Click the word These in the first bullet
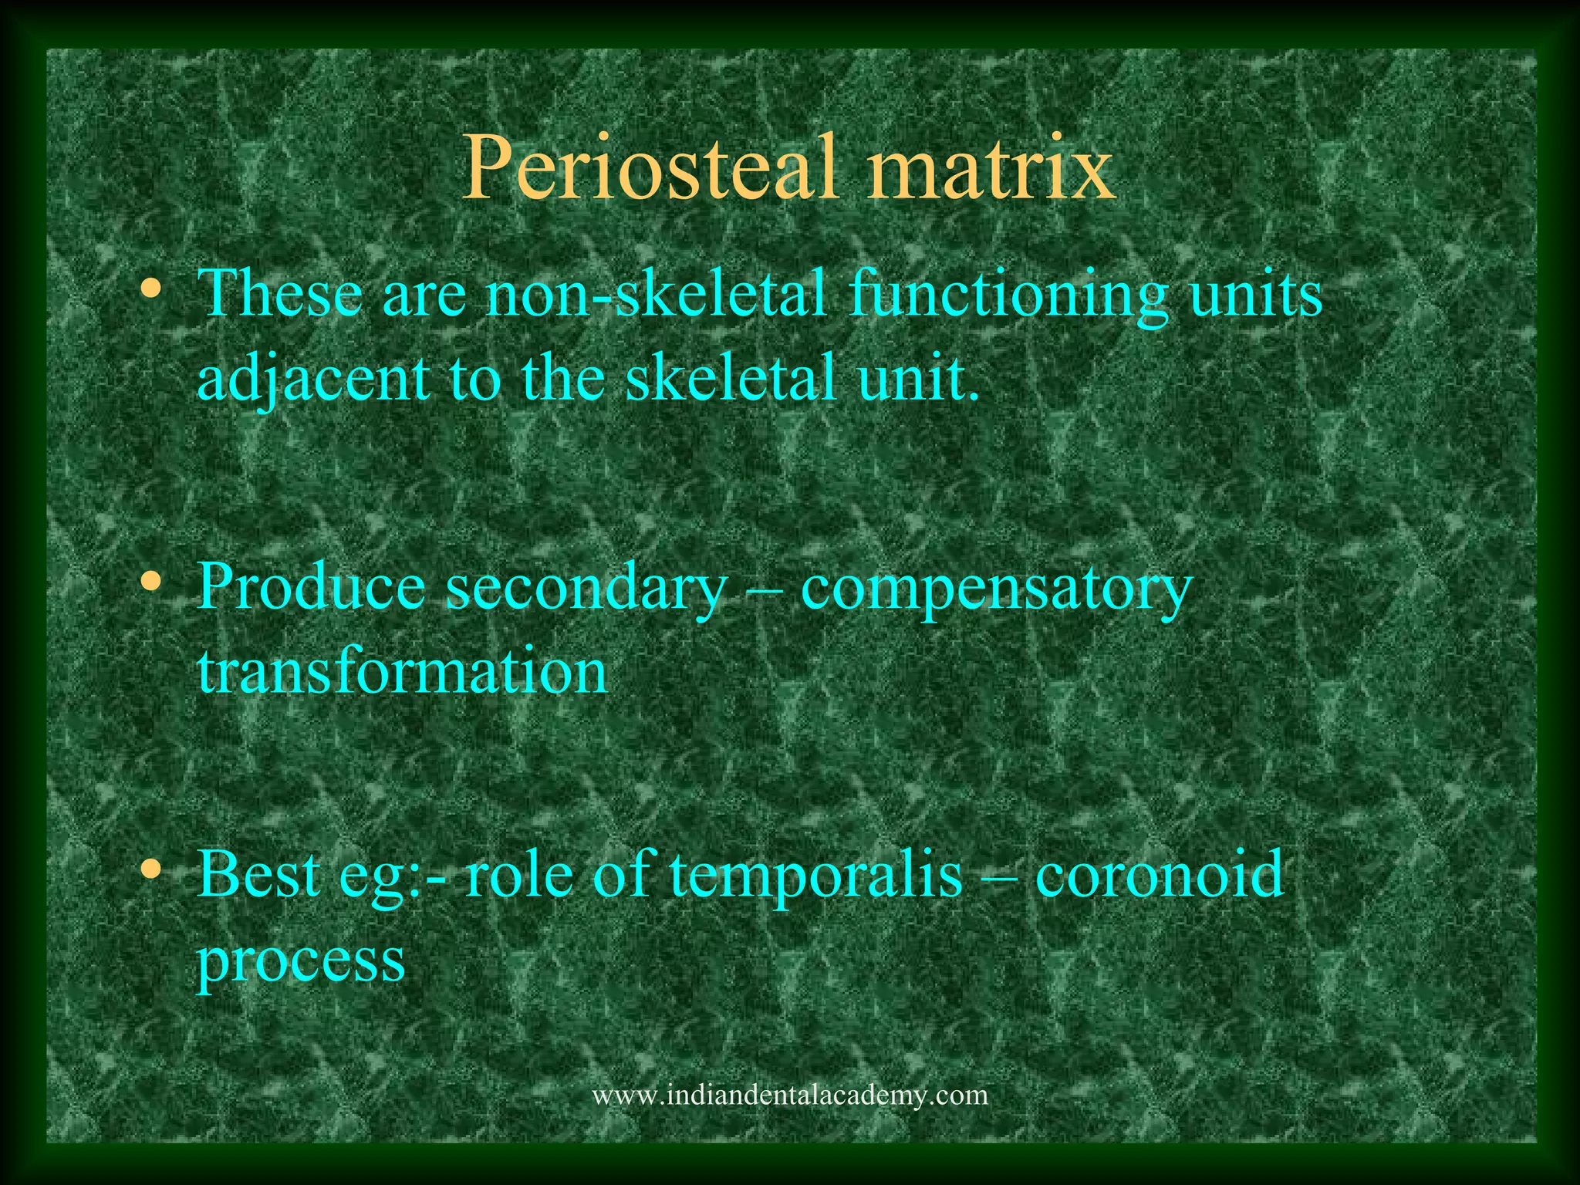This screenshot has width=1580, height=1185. tap(281, 294)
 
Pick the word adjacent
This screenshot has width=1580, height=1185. tap(313, 380)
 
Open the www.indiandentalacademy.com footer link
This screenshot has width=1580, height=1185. tap(789, 1095)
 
